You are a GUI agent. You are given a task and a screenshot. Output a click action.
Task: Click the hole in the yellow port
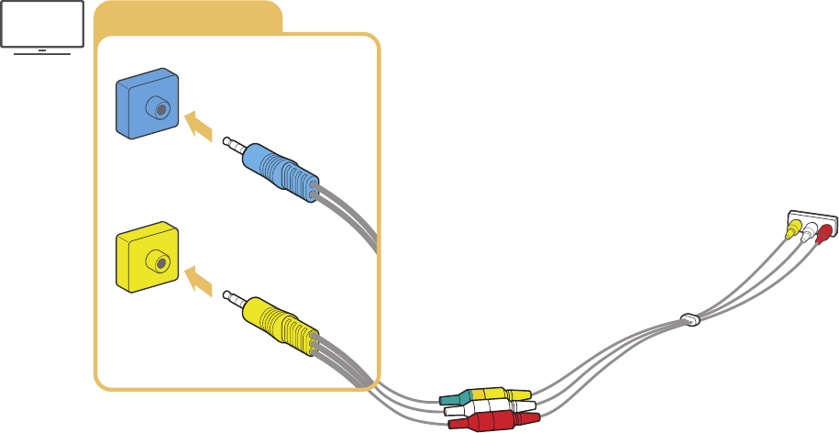click(161, 264)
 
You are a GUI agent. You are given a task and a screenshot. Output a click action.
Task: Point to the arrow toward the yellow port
click(199, 280)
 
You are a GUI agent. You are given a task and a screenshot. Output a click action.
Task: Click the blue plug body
click(280, 171)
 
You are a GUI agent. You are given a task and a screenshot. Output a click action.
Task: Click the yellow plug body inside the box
click(280, 324)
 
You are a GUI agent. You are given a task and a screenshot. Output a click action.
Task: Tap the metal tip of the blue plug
click(232, 143)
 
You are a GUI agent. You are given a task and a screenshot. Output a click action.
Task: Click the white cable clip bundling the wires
click(690, 320)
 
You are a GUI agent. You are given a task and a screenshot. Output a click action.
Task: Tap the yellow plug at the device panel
click(792, 228)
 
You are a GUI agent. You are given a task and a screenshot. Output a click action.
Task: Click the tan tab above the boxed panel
click(188, 17)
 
